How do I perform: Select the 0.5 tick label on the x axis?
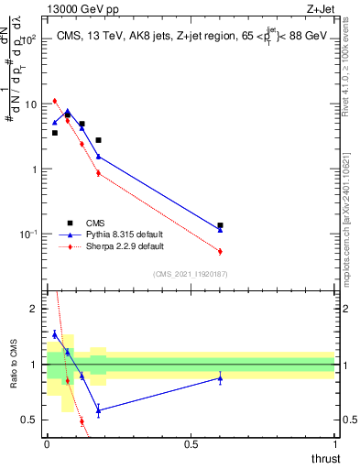pyautogui.click(x=191, y=444)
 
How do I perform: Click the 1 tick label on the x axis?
pyautogui.click(x=334, y=444)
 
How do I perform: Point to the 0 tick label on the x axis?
pyautogui.click(x=47, y=444)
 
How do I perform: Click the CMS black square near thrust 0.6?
pyautogui.click(x=220, y=225)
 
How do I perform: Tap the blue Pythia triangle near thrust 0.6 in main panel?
pyautogui.click(x=220, y=230)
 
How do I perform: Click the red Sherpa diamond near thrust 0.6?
pyautogui.click(x=220, y=251)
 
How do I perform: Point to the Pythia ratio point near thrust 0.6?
pyautogui.click(x=220, y=377)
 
